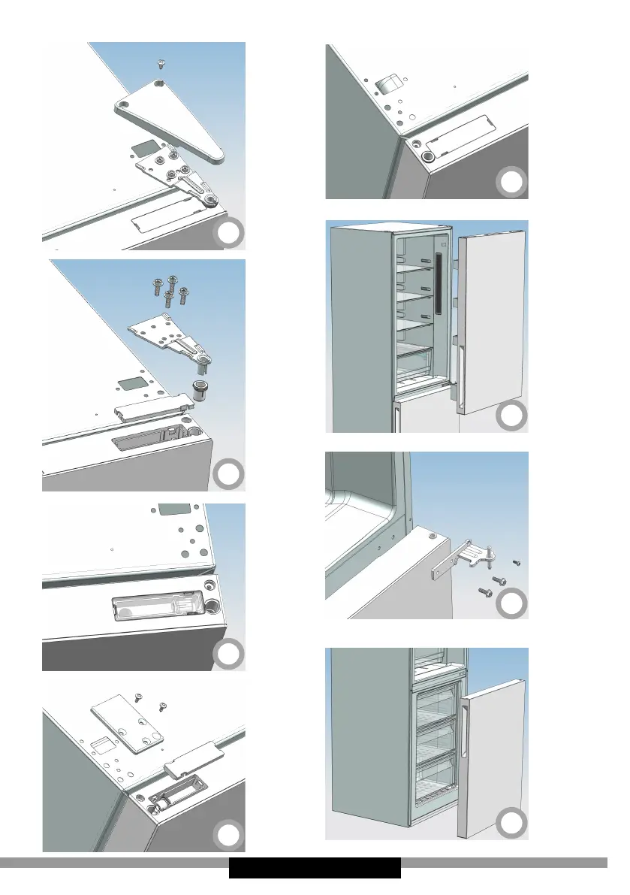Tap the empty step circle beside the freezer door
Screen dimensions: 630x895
click(x=511, y=823)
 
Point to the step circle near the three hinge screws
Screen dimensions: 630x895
click(x=511, y=603)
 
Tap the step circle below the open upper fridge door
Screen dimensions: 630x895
click(x=511, y=416)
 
